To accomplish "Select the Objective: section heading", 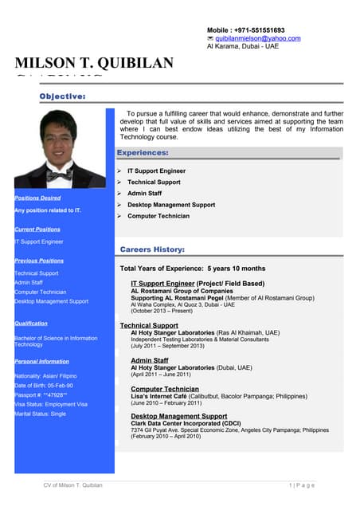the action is (63, 96).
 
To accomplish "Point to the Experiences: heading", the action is (143, 152).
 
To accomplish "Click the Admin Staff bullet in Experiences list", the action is (144, 194).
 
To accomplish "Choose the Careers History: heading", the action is (152, 249).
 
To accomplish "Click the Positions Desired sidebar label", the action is (37, 198).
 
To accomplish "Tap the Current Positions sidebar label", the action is (37, 229).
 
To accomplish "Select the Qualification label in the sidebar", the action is (31, 324).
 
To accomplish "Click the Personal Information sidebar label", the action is (41, 362).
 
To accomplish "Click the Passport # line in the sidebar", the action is (41, 394).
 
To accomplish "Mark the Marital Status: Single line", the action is (40, 414).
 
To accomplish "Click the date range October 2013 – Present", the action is (162, 311).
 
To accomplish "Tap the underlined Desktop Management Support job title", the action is (178, 416).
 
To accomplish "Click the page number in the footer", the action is (302, 485).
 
